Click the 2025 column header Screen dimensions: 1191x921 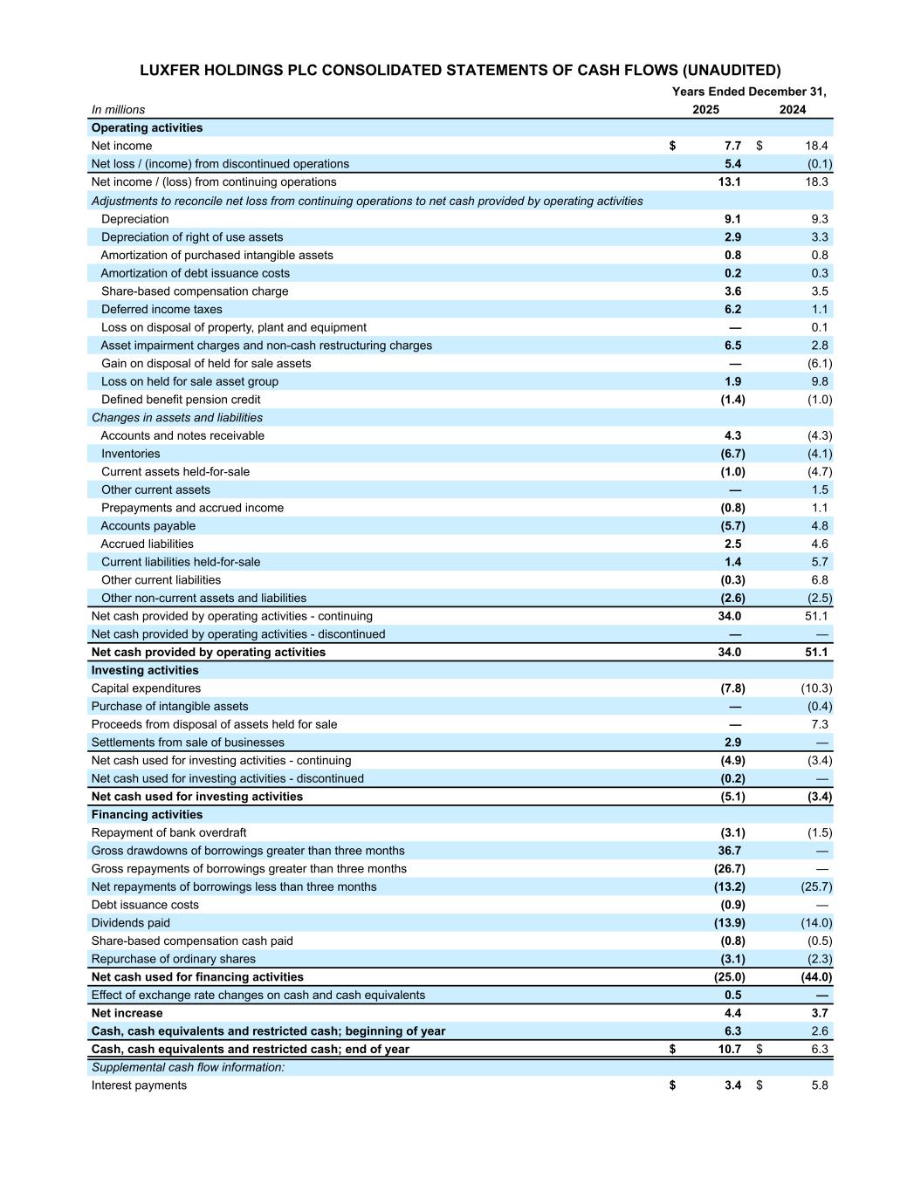click(x=705, y=110)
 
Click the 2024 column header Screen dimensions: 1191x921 click(x=793, y=110)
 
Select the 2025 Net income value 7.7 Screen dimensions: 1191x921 click(x=732, y=146)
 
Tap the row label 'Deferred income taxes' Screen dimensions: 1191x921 click(x=162, y=310)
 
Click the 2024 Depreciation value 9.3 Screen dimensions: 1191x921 click(x=819, y=219)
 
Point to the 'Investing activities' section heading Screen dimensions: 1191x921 click(x=145, y=670)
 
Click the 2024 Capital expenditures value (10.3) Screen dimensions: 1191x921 click(x=816, y=688)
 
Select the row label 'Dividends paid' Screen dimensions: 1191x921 click(x=131, y=923)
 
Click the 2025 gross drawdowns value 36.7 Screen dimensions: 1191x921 click(x=729, y=851)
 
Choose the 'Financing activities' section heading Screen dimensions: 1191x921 click(x=147, y=815)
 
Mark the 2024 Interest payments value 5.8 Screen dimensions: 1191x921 click(x=819, y=1085)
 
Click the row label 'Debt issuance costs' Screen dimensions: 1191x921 click(x=145, y=905)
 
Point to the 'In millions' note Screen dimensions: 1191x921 click(x=118, y=110)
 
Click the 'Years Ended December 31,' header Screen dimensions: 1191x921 click(x=748, y=92)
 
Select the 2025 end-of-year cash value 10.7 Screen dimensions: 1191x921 click(x=730, y=1050)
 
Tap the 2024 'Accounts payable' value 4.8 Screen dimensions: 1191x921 click(x=819, y=526)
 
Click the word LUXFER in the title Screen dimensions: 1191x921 click(x=174, y=70)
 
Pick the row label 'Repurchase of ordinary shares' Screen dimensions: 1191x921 click(x=174, y=959)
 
